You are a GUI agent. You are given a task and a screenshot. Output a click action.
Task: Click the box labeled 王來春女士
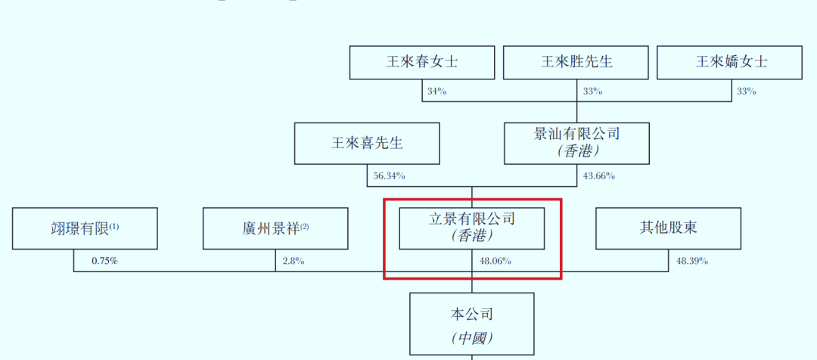pos(421,62)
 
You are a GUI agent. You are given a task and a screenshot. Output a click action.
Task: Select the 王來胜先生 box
pos(576,62)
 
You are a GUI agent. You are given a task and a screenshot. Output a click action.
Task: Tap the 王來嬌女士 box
pos(729,62)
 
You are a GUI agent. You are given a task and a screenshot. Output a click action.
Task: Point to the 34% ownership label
pos(437,92)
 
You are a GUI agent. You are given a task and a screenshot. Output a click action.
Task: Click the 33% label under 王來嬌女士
pos(746,92)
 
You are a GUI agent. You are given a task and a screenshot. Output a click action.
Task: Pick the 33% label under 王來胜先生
pos(592,92)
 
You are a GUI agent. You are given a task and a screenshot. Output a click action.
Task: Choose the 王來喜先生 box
pos(367,144)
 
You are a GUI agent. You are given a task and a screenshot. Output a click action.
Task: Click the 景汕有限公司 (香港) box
pos(576,143)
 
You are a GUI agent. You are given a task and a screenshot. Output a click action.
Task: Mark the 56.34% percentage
pos(389,176)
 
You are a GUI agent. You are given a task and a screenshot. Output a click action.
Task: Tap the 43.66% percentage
pos(598,176)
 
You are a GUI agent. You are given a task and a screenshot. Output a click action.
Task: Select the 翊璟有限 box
pos(85,228)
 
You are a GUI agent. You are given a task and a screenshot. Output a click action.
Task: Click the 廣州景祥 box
pos(275,228)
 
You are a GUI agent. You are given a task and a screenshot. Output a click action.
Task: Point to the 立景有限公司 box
pos(471,228)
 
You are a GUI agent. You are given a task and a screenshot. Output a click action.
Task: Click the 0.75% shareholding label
pos(104,261)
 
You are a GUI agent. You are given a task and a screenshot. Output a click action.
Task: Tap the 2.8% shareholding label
pos(293,261)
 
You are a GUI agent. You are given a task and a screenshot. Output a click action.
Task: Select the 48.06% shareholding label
pos(495,261)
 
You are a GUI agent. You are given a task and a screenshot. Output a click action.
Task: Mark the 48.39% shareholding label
pos(691,261)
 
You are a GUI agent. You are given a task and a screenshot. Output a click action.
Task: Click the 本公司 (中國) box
pos(471,325)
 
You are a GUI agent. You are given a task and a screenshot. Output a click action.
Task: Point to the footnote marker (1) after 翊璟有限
pos(114,225)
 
